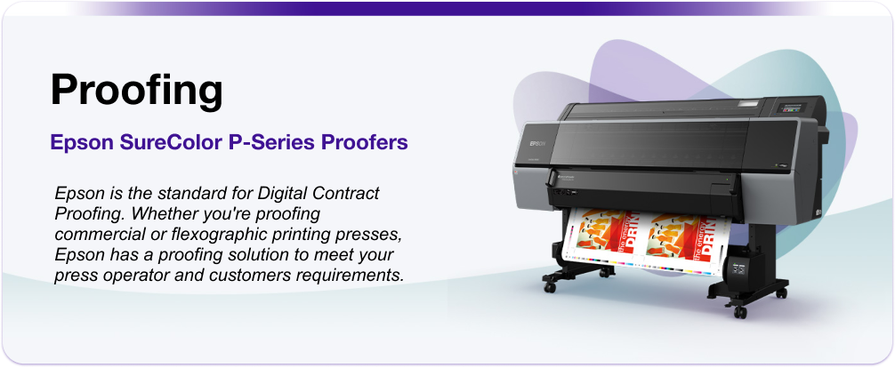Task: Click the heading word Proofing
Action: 135,91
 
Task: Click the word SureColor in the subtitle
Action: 158,142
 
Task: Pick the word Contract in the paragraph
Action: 346,194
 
